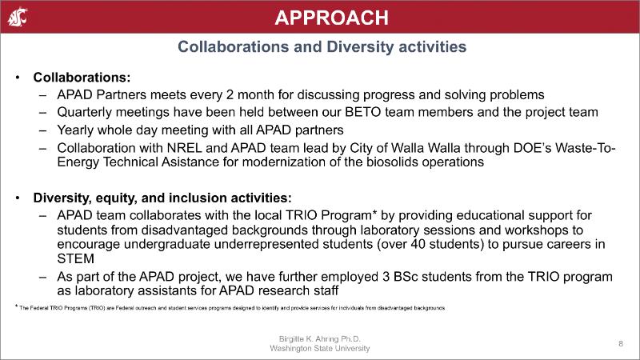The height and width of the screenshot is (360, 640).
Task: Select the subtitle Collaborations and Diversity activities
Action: coord(321,48)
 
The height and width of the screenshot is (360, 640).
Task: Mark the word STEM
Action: coord(77,258)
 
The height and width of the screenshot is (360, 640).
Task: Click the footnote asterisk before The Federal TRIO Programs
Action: coord(16,306)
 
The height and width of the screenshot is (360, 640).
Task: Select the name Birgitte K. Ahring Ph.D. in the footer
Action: coord(320,339)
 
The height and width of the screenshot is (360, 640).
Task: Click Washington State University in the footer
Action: coord(320,349)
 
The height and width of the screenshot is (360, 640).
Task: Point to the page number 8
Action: coord(620,343)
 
